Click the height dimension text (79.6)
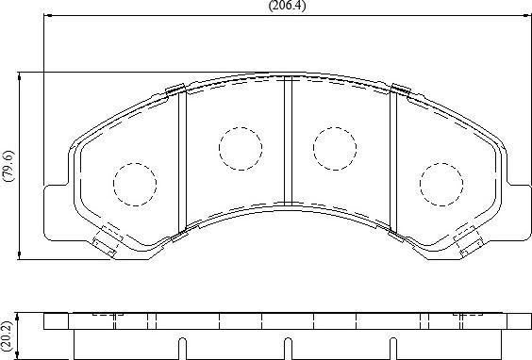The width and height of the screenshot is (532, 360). [x=8, y=166]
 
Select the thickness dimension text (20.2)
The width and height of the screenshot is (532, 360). [x=8, y=335]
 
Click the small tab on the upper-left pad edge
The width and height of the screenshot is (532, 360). [x=174, y=90]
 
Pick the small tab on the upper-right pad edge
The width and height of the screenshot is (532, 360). [x=400, y=90]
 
